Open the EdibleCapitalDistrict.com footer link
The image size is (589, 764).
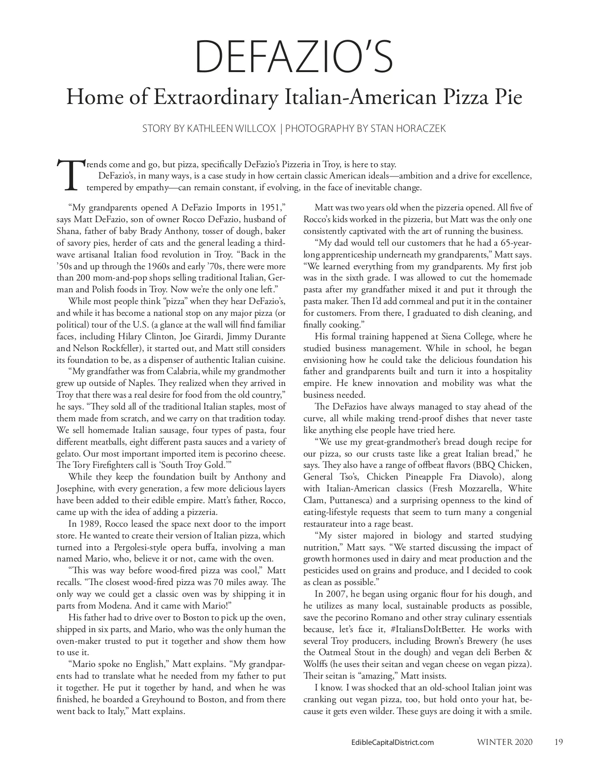pyautogui.click(x=390, y=742)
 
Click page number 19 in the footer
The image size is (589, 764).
pyautogui.click(x=558, y=742)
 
